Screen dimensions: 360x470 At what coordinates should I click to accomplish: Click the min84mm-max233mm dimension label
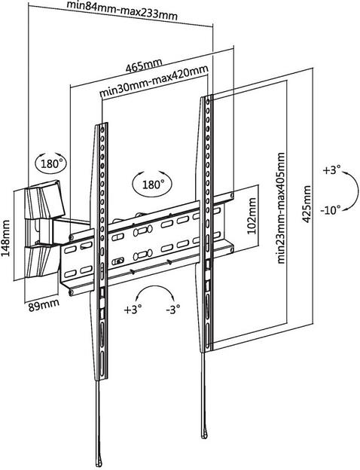tap(122, 11)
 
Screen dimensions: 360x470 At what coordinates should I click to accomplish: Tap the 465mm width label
tap(144, 66)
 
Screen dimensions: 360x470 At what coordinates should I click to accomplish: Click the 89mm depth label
tap(44, 305)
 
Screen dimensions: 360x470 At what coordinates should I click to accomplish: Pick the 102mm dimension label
tap(252, 216)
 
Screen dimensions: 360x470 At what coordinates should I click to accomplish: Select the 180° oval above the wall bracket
tap(51, 163)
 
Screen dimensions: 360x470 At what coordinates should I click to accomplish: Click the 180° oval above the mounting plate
tap(152, 184)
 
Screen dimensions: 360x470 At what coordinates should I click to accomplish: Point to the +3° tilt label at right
tap(332, 170)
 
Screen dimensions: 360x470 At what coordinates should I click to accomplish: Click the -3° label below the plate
tap(173, 308)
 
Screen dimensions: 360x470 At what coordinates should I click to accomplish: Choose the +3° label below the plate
tap(133, 309)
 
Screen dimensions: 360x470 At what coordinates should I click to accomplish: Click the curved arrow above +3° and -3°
tap(155, 287)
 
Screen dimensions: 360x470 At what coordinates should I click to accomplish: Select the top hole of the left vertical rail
tap(102, 130)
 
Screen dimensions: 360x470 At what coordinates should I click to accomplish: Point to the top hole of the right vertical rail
tap(208, 102)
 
